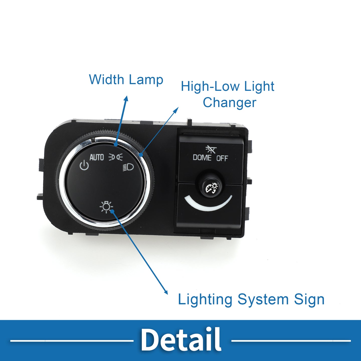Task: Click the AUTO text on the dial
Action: (97, 157)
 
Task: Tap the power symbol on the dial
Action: (84, 165)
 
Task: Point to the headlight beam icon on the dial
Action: (128, 167)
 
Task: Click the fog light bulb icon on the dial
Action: (106, 207)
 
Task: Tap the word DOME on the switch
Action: (202, 157)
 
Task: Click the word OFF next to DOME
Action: (222, 158)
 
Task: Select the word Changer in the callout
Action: (229, 103)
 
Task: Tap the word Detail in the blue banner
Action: (181, 339)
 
